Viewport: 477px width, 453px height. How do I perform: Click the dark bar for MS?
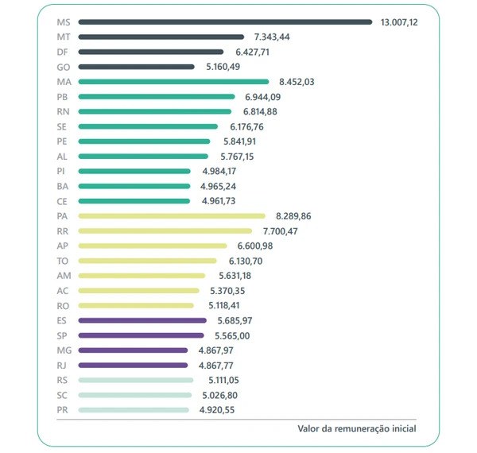pyautogui.click(x=225, y=22)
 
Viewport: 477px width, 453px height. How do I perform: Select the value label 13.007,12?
pyautogui.click(x=409, y=22)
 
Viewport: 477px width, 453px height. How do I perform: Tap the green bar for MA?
pyautogui.click(x=173, y=82)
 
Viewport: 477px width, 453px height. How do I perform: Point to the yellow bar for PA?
pyautogui.click(x=172, y=215)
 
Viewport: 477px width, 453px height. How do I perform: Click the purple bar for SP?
pyautogui.click(x=142, y=335)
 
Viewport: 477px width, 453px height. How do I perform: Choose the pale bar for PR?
pyautogui.click(x=134, y=410)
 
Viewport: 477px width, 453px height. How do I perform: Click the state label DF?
pyautogui.click(x=63, y=52)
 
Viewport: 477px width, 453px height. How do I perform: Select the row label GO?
pyautogui.click(x=64, y=67)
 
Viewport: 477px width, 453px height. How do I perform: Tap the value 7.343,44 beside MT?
pyautogui.click(x=272, y=37)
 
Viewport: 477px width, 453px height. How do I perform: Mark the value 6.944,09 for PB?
pyautogui.click(x=262, y=97)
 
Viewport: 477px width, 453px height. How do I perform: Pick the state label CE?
pyautogui.click(x=63, y=201)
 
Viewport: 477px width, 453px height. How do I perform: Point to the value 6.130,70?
pyautogui.click(x=246, y=261)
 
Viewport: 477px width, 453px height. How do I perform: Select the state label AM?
pyautogui.click(x=64, y=275)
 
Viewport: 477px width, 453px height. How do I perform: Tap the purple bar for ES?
pyautogui.click(x=142, y=320)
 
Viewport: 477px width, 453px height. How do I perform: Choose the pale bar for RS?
pyautogui.click(x=135, y=380)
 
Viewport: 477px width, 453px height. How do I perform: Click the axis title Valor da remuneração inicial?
pyautogui.click(x=356, y=428)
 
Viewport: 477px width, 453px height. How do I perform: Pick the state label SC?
pyautogui.click(x=63, y=395)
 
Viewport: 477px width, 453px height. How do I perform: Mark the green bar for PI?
pyautogui.click(x=134, y=171)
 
